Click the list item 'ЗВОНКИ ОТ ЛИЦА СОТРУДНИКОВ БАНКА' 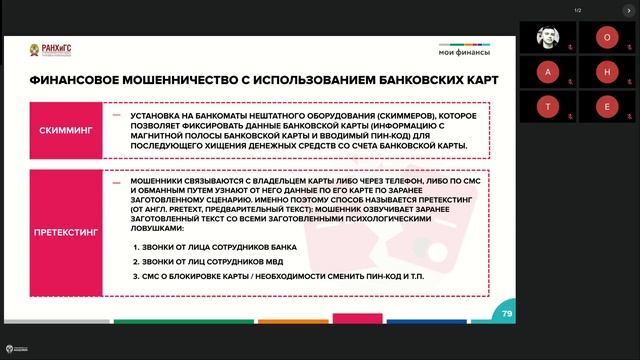196,246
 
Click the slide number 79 506,314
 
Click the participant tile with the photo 550,36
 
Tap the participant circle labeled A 550,72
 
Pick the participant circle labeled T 550,107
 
